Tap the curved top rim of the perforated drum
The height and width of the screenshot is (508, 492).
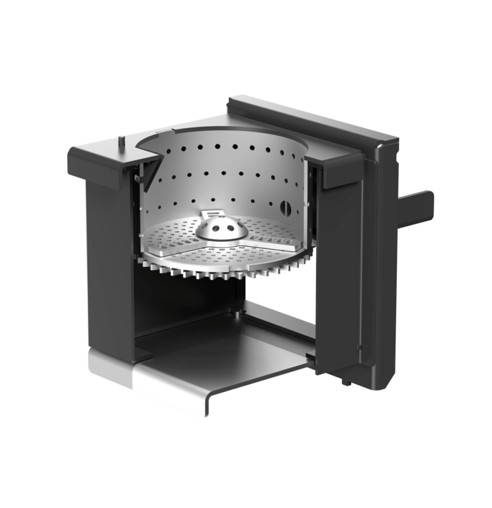(222, 132)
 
